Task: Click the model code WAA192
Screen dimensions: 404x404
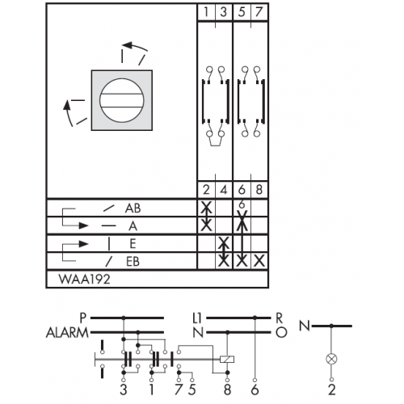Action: click(84, 279)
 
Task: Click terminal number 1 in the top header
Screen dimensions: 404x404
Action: click(206, 12)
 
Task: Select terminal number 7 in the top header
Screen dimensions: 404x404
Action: click(259, 12)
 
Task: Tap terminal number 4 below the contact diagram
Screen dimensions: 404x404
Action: click(224, 190)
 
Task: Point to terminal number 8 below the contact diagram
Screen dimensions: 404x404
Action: click(259, 190)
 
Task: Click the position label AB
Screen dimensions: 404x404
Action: click(133, 208)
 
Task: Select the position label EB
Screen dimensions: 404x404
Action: click(133, 262)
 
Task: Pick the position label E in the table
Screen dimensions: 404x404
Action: click(133, 244)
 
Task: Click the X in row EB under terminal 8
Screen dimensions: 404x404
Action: click(259, 261)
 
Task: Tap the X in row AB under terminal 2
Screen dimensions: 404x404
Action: click(206, 208)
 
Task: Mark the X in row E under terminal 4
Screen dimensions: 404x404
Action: click(224, 243)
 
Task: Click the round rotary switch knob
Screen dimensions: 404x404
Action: click(122, 100)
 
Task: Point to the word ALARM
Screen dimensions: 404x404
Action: click(67, 333)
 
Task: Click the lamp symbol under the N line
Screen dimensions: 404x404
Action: click(331, 359)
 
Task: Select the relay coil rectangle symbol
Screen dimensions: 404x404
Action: click(227, 359)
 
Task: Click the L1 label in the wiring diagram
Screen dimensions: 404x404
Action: click(197, 318)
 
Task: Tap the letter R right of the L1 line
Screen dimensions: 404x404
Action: click(280, 318)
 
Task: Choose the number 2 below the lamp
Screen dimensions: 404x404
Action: click(332, 389)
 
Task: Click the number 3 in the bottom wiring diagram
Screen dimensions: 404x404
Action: click(124, 389)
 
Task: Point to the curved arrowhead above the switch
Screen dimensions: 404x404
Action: click(127, 44)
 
